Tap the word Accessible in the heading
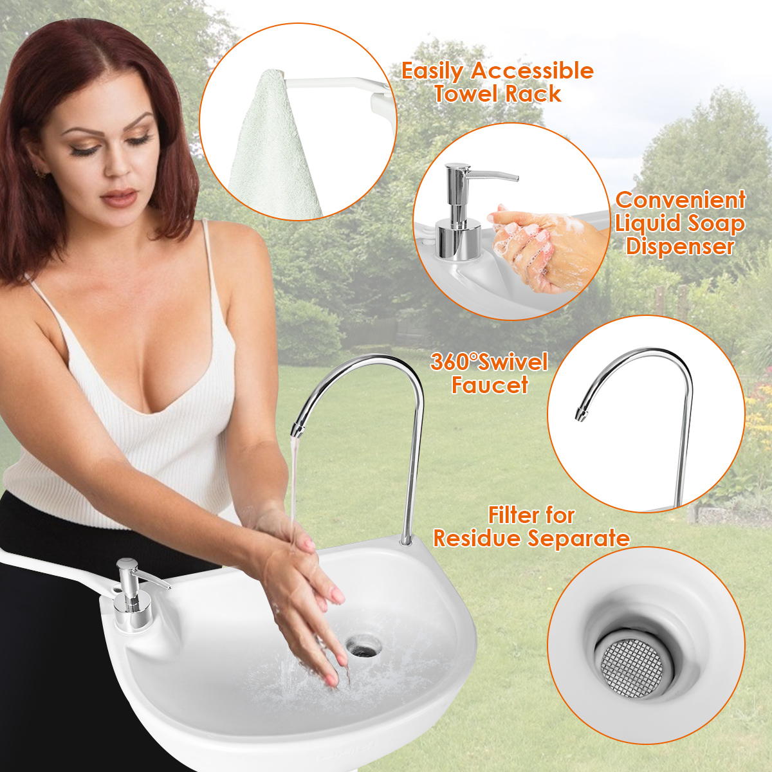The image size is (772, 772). coord(532,71)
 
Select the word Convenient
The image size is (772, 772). coord(680,199)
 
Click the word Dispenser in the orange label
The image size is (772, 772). coord(680,246)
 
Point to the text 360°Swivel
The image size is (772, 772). coord(489,362)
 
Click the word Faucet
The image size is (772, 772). coord(490,385)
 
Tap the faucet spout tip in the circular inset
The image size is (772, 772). coord(579,415)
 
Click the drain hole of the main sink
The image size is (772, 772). coord(363,645)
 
